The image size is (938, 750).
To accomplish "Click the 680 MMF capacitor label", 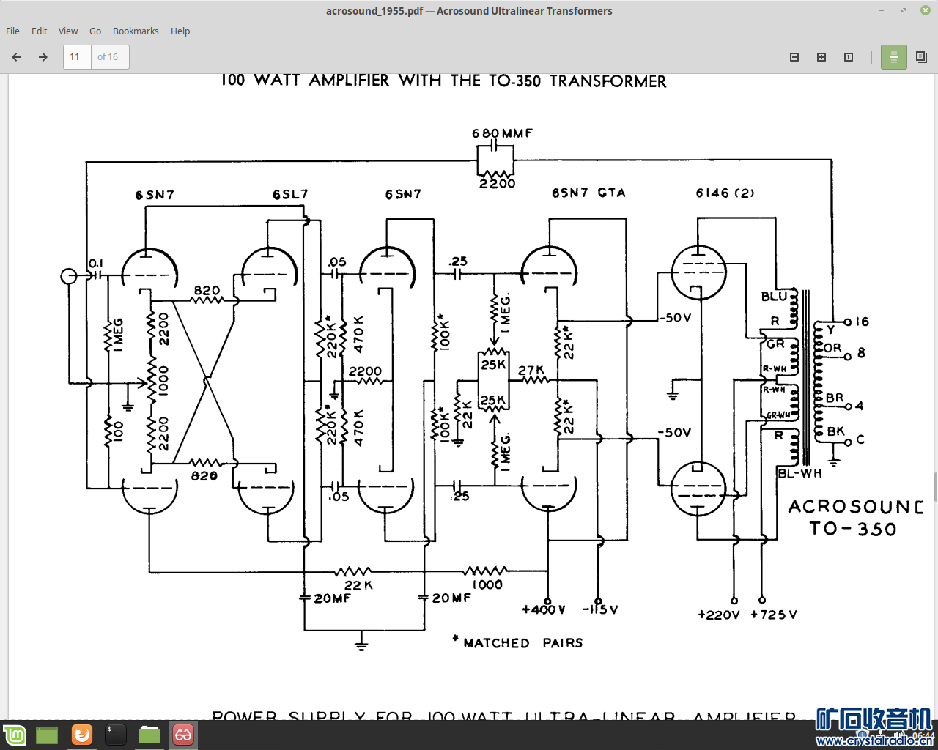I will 502,133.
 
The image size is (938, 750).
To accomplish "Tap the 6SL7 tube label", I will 290,195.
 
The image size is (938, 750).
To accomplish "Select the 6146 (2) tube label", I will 725,193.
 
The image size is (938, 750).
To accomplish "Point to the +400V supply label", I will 544,610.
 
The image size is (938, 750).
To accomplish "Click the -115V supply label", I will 600,610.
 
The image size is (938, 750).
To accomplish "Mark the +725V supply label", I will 774,615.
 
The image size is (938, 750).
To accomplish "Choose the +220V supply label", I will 719,615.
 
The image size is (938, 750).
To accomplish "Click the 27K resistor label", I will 531,371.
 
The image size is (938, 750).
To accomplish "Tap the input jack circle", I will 68,276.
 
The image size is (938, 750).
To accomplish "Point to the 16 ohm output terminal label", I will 862,322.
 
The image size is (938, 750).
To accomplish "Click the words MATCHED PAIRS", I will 523,643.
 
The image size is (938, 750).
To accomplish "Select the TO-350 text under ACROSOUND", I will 853,529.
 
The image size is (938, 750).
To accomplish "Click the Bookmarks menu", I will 136,31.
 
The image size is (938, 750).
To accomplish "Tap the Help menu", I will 180,31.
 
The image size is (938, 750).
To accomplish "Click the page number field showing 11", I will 76,57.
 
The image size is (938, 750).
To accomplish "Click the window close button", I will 926,10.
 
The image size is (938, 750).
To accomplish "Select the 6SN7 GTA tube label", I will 588,193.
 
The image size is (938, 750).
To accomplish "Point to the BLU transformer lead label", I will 774,297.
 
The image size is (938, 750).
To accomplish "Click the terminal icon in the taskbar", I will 115,734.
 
